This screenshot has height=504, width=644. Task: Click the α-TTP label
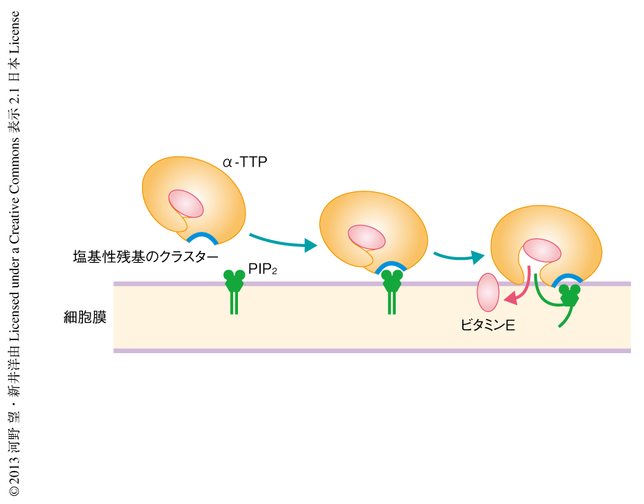244,163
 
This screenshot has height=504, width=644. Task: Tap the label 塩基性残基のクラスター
145,256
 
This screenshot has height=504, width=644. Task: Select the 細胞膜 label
84,317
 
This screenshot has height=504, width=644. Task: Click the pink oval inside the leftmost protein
187,204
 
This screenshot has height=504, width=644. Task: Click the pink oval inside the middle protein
366,237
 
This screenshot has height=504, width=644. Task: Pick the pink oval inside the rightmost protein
542,250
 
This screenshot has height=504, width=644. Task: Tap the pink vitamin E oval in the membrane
488,291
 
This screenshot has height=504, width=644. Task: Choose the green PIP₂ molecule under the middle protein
392,291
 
